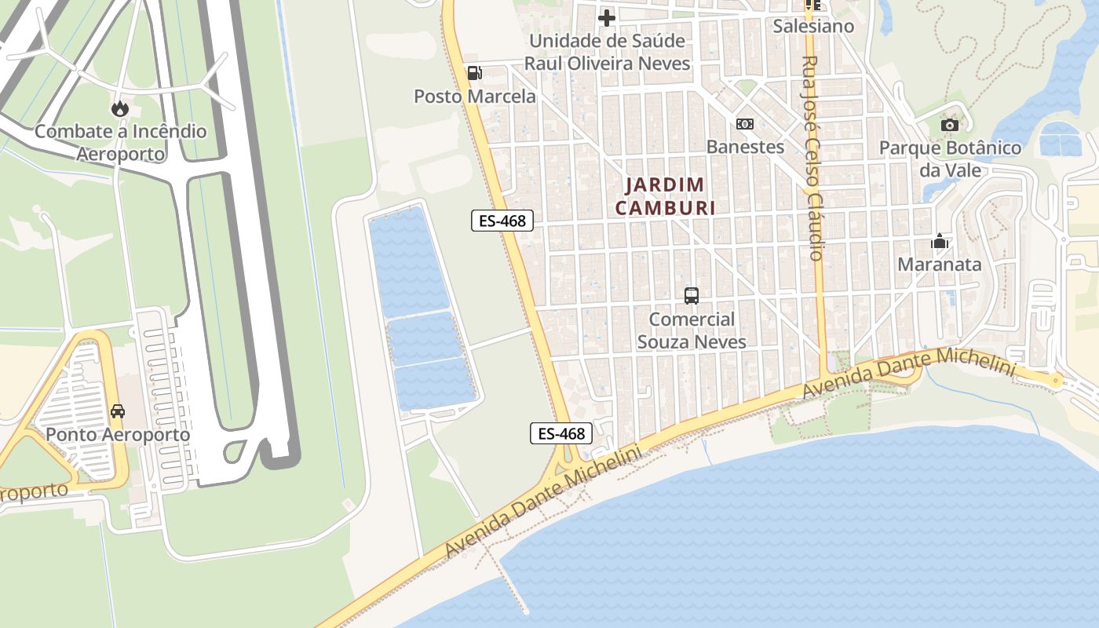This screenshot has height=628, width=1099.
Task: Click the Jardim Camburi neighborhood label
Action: [665, 196]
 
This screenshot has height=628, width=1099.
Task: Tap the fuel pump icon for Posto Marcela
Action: [474, 73]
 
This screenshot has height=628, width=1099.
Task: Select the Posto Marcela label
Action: [475, 97]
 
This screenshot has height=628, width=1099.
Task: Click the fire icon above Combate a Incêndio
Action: [120, 108]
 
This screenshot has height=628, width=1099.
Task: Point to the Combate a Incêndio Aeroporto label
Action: [120, 142]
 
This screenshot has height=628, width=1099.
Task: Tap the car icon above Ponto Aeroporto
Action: [118, 411]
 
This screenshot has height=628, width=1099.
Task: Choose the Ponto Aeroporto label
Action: [118, 434]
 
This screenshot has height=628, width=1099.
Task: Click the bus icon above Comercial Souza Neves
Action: [692, 296]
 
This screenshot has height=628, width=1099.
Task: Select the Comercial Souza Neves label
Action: [692, 330]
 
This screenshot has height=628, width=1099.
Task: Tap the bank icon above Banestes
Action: [745, 124]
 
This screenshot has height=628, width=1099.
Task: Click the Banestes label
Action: [745, 147]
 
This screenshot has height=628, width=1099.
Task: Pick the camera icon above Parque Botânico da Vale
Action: [950, 125]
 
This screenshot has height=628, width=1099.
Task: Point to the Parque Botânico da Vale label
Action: [950, 159]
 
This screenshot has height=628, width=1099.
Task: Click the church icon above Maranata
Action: [939, 241]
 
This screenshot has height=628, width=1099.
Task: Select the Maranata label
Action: [939, 265]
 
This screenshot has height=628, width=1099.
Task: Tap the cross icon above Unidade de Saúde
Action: [607, 17]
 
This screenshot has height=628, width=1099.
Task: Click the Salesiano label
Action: [813, 26]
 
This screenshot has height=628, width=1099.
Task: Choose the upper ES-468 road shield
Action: [502, 221]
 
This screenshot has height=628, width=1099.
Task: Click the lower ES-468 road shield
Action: [560, 433]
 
